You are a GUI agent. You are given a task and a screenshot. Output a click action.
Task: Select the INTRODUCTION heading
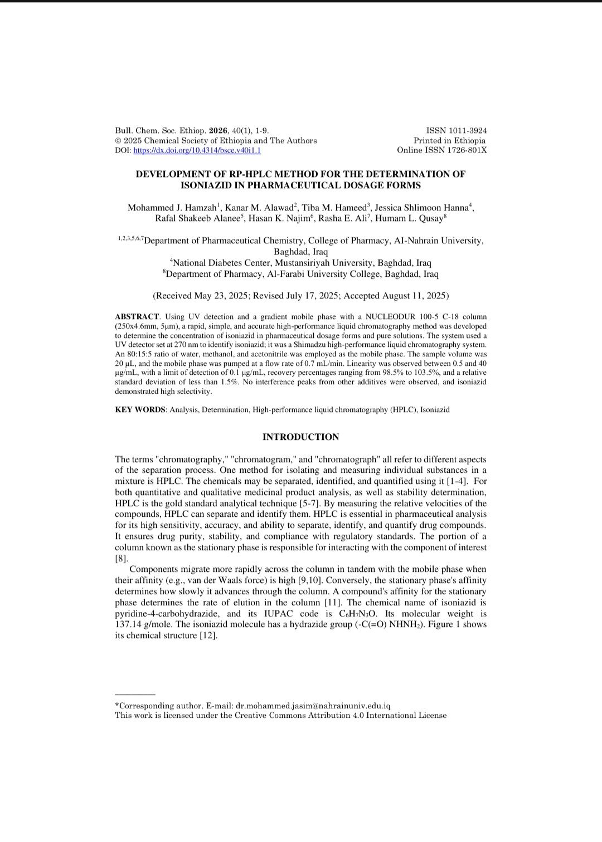tap(300, 437)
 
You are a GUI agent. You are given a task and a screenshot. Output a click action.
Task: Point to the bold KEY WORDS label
tap(140, 409)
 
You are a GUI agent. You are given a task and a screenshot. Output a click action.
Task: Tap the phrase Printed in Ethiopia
tap(449, 140)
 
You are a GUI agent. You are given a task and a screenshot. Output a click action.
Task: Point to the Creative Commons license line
tap(280, 715)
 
